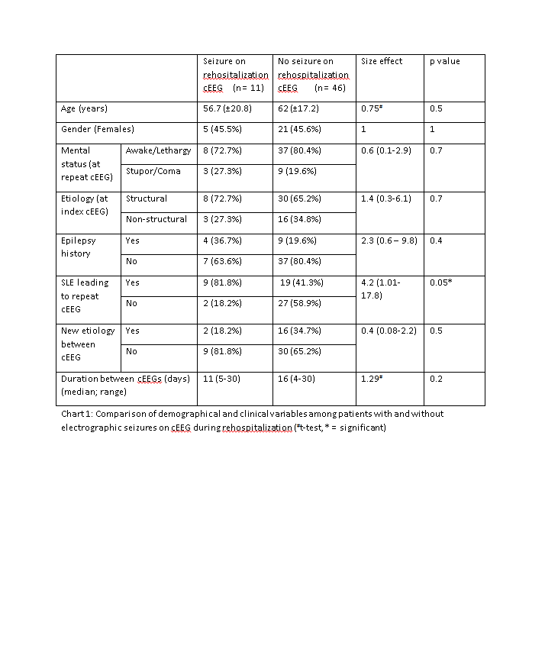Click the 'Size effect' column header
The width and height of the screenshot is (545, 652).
(x=382, y=61)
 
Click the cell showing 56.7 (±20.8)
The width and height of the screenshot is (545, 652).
(x=228, y=109)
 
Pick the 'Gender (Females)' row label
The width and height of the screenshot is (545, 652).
(x=97, y=130)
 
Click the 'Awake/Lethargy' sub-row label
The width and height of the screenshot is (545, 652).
(x=157, y=150)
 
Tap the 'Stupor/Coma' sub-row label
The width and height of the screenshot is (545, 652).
(x=153, y=171)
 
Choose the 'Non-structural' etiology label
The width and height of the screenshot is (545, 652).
(x=156, y=219)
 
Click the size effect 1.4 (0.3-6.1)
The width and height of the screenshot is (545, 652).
(x=385, y=199)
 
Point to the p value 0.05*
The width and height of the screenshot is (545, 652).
(x=442, y=282)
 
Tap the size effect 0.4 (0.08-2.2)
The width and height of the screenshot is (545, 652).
(x=389, y=331)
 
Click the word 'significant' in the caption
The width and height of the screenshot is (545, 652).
(x=361, y=428)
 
